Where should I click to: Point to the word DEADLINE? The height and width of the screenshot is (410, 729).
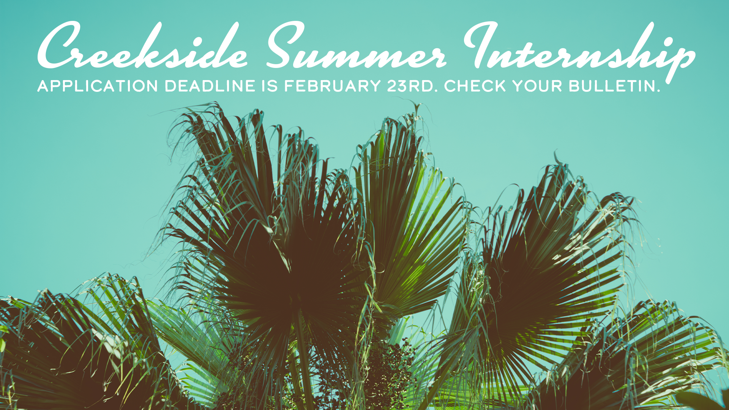click(x=210, y=86)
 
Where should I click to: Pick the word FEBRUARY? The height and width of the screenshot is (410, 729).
click(x=333, y=86)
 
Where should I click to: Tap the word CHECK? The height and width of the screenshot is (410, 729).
click(x=475, y=86)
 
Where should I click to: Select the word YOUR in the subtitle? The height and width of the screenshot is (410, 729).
click(x=537, y=86)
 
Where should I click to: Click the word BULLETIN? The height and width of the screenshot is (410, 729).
click(x=612, y=86)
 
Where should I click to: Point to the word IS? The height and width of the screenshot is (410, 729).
click(x=270, y=86)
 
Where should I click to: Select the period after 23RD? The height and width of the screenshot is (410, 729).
click(x=436, y=91)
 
